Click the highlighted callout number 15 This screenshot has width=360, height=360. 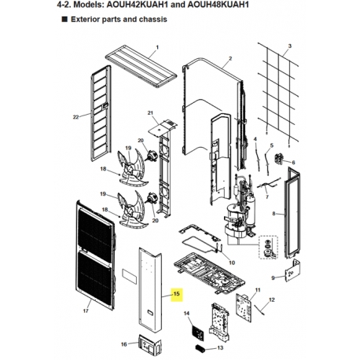[177, 294]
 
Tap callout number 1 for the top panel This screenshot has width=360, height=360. [157, 47]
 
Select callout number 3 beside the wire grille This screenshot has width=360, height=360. [289, 46]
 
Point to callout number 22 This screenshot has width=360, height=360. [75, 117]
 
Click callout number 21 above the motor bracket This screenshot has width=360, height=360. [150, 113]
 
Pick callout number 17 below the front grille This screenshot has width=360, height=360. [86, 311]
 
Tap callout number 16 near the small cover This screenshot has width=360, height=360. [124, 344]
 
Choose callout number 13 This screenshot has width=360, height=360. [220, 347]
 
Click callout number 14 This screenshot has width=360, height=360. [186, 314]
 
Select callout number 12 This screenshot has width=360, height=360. [272, 299]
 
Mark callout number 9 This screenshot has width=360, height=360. [273, 277]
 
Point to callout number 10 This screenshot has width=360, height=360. [232, 263]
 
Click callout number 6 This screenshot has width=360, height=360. [293, 163]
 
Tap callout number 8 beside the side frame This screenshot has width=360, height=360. [274, 214]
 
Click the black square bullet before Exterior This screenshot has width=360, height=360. [64, 20]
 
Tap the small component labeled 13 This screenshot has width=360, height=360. [200, 348]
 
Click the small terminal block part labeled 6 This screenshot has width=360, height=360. [278, 158]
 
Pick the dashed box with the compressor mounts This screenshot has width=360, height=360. [268, 247]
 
